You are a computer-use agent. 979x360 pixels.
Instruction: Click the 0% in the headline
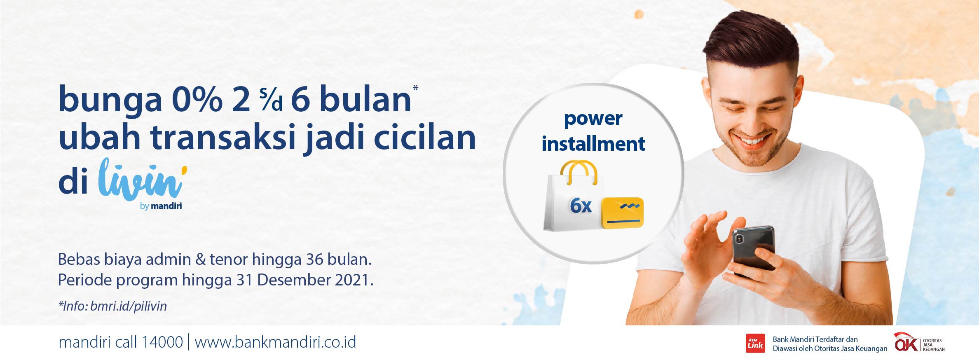tap(197, 99)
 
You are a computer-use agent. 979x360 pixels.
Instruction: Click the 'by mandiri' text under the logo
tap(161, 206)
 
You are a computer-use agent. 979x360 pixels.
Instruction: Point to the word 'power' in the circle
tap(593, 119)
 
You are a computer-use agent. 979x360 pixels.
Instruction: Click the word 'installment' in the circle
tap(593, 144)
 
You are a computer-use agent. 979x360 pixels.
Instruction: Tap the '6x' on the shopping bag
tap(581, 206)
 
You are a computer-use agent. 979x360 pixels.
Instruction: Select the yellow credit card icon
tap(622, 213)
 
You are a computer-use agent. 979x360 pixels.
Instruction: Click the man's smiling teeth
tap(753, 141)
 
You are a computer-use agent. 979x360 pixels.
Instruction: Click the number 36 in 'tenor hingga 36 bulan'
tap(314, 259)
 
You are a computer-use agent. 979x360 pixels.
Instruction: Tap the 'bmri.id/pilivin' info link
tap(129, 306)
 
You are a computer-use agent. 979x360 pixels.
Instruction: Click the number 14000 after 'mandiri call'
tap(162, 342)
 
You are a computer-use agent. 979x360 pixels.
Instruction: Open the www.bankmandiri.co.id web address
tap(275, 342)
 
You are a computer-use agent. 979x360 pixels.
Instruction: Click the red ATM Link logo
tap(755, 344)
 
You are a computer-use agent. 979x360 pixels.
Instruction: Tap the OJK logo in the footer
tap(919, 343)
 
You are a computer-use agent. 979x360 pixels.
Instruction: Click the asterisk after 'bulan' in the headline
tap(415, 87)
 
